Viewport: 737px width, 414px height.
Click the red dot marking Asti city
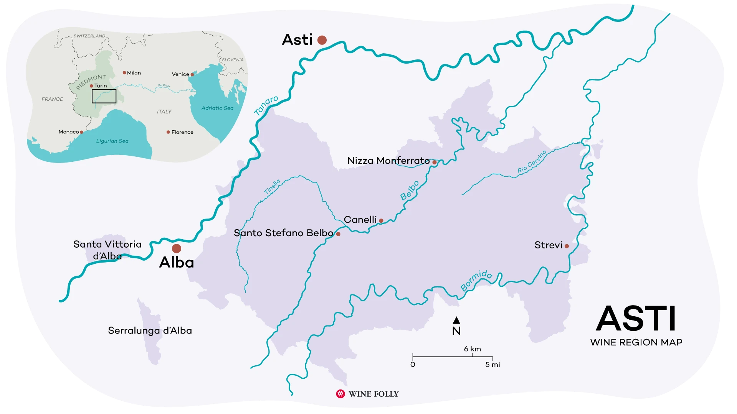click(322, 40)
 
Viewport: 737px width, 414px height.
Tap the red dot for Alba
click(177, 248)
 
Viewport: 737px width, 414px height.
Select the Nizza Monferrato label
click(388, 161)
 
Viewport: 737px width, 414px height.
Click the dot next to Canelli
click(381, 221)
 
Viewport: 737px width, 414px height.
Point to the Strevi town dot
click(567, 246)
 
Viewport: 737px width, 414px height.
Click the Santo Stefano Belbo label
click(283, 233)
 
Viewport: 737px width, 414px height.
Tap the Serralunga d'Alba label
click(150, 330)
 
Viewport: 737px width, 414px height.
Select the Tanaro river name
click(266, 105)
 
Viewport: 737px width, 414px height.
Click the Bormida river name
click(476, 280)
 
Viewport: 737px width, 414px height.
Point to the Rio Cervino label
click(532, 162)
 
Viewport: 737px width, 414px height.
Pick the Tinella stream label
click(272, 187)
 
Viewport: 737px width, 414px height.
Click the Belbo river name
click(410, 191)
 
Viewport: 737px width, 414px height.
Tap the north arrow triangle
click(456, 320)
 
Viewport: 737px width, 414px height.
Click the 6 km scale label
click(472, 349)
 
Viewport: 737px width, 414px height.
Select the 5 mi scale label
click(492, 365)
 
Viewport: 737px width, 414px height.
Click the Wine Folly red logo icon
click(340, 394)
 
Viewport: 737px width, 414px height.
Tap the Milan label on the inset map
click(134, 73)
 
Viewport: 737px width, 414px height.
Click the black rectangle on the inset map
click(104, 96)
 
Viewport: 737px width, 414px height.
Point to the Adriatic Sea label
click(217, 108)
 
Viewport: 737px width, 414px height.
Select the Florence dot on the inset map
click(168, 132)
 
